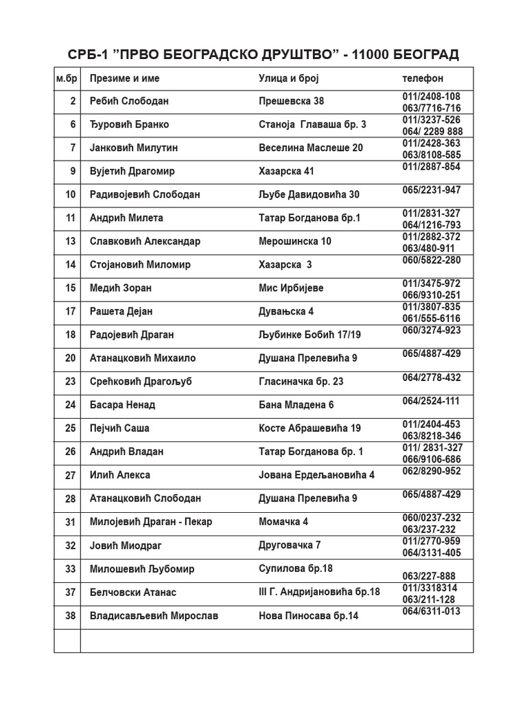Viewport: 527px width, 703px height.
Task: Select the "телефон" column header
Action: click(x=423, y=78)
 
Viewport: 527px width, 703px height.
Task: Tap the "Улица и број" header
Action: click(x=289, y=78)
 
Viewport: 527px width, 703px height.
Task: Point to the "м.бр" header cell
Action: click(x=67, y=78)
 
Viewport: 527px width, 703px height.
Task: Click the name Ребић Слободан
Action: click(x=129, y=102)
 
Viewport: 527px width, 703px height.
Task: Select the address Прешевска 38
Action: click(x=291, y=102)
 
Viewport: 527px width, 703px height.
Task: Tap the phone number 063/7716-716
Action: click(x=432, y=108)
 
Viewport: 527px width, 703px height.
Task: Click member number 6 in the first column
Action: click(x=73, y=125)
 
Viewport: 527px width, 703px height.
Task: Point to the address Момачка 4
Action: click(x=283, y=522)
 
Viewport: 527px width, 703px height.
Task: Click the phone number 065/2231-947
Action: click(x=432, y=190)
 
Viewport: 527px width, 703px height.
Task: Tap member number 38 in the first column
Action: click(x=70, y=615)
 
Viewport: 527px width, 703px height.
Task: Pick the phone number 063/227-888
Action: click(x=430, y=576)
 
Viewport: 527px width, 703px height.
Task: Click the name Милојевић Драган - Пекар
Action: click(x=151, y=522)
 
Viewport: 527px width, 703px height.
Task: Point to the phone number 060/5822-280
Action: click(x=432, y=260)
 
